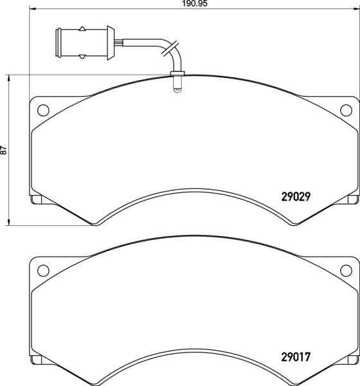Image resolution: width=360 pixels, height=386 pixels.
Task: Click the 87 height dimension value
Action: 3,150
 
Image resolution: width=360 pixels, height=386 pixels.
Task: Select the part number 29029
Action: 296,197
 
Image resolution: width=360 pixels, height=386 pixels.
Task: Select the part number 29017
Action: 296,357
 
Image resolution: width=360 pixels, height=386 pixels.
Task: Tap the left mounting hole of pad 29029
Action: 43,110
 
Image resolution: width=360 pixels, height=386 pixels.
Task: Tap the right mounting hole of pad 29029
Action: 346,110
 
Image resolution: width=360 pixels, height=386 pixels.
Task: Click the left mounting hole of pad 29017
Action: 43,271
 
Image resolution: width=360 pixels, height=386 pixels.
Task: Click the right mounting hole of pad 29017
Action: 346,271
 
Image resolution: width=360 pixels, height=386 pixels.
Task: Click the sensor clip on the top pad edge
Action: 177,73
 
